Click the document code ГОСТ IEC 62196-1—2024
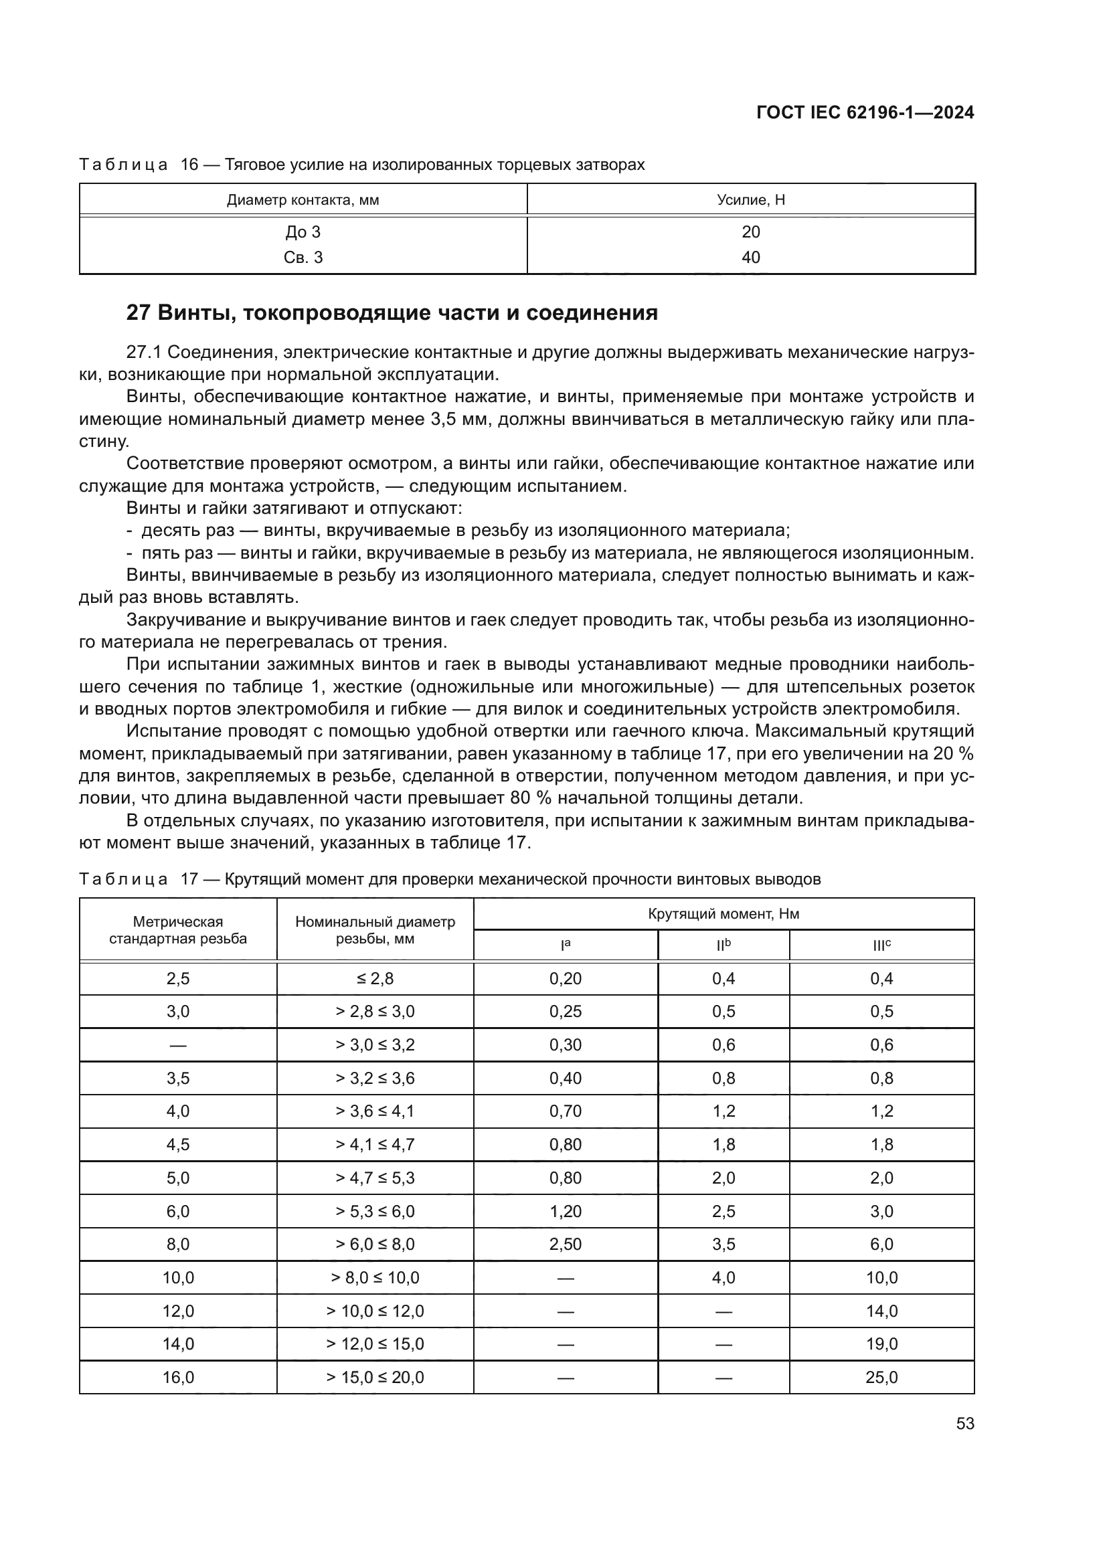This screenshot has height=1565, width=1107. pyautogui.click(x=864, y=112)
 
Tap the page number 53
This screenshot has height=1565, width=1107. pyautogui.click(x=964, y=1424)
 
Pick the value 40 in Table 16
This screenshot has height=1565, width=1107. pyautogui.click(x=750, y=258)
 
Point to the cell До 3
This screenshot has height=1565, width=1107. pyautogui.click(x=303, y=232)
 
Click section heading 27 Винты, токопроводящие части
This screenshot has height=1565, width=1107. pyautogui.click(x=392, y=313)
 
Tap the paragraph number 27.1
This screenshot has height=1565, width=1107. pyautogui.click(x=144, y=353)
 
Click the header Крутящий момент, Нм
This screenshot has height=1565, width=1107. pyautogui.click(x=723, y=914)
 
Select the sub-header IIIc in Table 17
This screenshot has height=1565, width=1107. pyautogui.click(x=881, y=946)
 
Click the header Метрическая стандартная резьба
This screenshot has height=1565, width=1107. pyautogui.click(x=178, y=930)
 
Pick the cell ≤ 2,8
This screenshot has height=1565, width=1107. pyautogui.click(x=375, y=979)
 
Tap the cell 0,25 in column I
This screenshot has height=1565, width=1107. pyautogui.click(x=565, y=1012)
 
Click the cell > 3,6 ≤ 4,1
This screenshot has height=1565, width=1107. pyautogui.click(x=375, y=1112)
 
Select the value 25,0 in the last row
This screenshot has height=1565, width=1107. pyautogui.click(x=881, y=1378)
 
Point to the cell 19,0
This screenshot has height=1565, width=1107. pyautogui.click(x=881, y=1344)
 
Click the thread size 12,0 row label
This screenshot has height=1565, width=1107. pyautogui.click(x=178, y=1311)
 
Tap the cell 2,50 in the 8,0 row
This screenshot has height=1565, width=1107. pyautogui.click(x=565, y=1245)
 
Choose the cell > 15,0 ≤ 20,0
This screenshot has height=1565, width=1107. pyautogui.click(x=375, y=1378)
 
